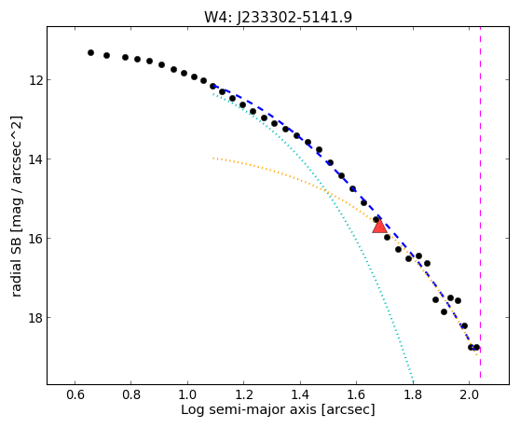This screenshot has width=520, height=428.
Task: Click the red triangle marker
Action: tap(379, 227)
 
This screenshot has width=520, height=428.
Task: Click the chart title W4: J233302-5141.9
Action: tap(278, 17)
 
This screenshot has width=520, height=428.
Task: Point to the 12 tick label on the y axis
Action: tap(35, 80)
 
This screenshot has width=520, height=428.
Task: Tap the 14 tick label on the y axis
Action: tap(35, 159)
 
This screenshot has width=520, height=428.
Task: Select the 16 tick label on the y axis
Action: tap(35, 239)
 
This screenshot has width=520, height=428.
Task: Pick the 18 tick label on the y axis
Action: tap(35, 318)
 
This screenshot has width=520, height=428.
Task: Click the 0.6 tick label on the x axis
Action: tap(75, 394)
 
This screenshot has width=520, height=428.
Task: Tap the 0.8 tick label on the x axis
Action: tap(131, 394)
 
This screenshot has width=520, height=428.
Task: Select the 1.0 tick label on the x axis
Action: tap(187, 394)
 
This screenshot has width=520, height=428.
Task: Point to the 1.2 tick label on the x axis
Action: tap(244, 394)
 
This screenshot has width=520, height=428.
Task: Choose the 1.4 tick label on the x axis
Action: tap(300, 394)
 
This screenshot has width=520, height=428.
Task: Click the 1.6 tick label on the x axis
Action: tap(356, 394)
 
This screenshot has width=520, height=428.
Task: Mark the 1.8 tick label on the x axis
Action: tap(413, 394)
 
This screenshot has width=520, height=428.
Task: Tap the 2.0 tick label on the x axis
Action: tap(469, 394)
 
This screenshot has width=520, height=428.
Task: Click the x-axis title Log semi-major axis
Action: tap(249, 409)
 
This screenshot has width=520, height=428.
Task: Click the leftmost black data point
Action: tap(91, 52)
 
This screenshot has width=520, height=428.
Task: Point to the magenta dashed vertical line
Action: tap(480, 202)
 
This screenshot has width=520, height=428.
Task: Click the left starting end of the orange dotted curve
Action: tap(213, 159)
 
